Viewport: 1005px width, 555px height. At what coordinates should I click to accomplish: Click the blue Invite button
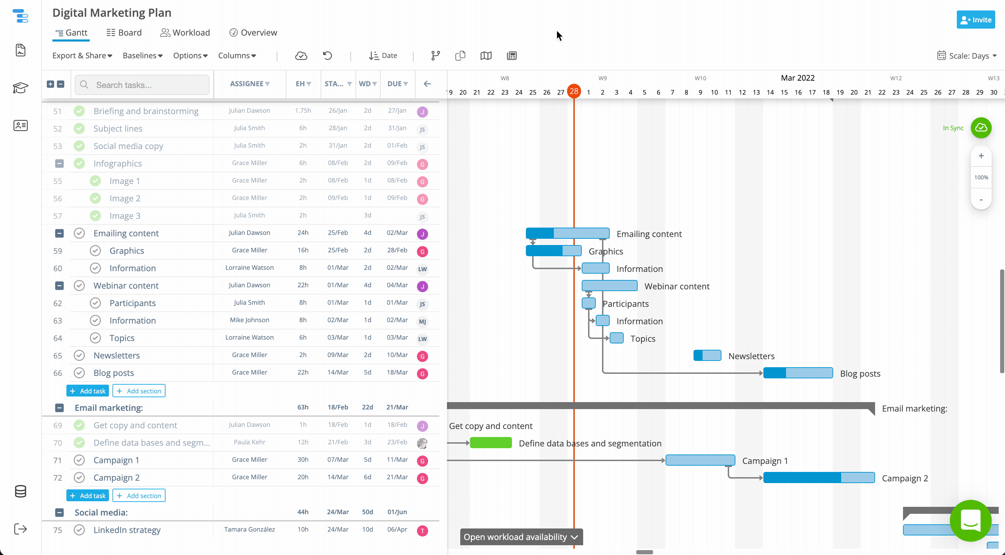pyautogui.click(x=975, y=20)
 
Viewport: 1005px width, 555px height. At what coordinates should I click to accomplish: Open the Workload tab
pyautogui.click(x=185, y=33)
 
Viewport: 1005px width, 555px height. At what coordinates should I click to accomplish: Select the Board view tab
pyautogui.click(x=124, y=33)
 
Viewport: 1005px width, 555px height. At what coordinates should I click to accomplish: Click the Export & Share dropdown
pyautogui.click(x=82, y=56)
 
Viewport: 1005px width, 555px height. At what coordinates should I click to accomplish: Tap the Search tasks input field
pyautogui.click(x=148, y=85)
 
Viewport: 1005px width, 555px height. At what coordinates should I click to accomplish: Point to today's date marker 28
pyautogui.click(x=573, y=92)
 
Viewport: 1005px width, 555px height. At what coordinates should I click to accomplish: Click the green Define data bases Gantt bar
pyautogui.click(x=490, y=443)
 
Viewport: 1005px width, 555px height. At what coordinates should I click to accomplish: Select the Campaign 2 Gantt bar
pyautogui.click(x=819, y=478)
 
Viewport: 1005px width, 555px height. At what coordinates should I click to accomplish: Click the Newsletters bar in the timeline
pyautogui.click(x=707, y=356)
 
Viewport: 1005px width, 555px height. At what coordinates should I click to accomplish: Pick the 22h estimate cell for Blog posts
pyautogui.click(x=303, y=372)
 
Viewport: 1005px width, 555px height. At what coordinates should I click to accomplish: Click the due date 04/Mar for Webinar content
pyautogui.click(x=397, y=285)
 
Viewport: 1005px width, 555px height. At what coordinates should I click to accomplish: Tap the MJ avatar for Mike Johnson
pyautogui.click(x=422, y=322)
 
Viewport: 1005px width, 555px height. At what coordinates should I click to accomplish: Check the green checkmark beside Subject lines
pyautogui.click(x=79, y=128)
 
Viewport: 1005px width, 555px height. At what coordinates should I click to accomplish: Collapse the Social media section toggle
pyautogui.click(x=59, y=512)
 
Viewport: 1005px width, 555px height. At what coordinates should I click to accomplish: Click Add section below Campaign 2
pyautogui.click(x=139, y=496)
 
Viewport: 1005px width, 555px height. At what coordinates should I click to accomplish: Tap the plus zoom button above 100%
pyautogui.click(x=981, y=156)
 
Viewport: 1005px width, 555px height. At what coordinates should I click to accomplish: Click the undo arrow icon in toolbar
pyautogui.click(x=327, y=56)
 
